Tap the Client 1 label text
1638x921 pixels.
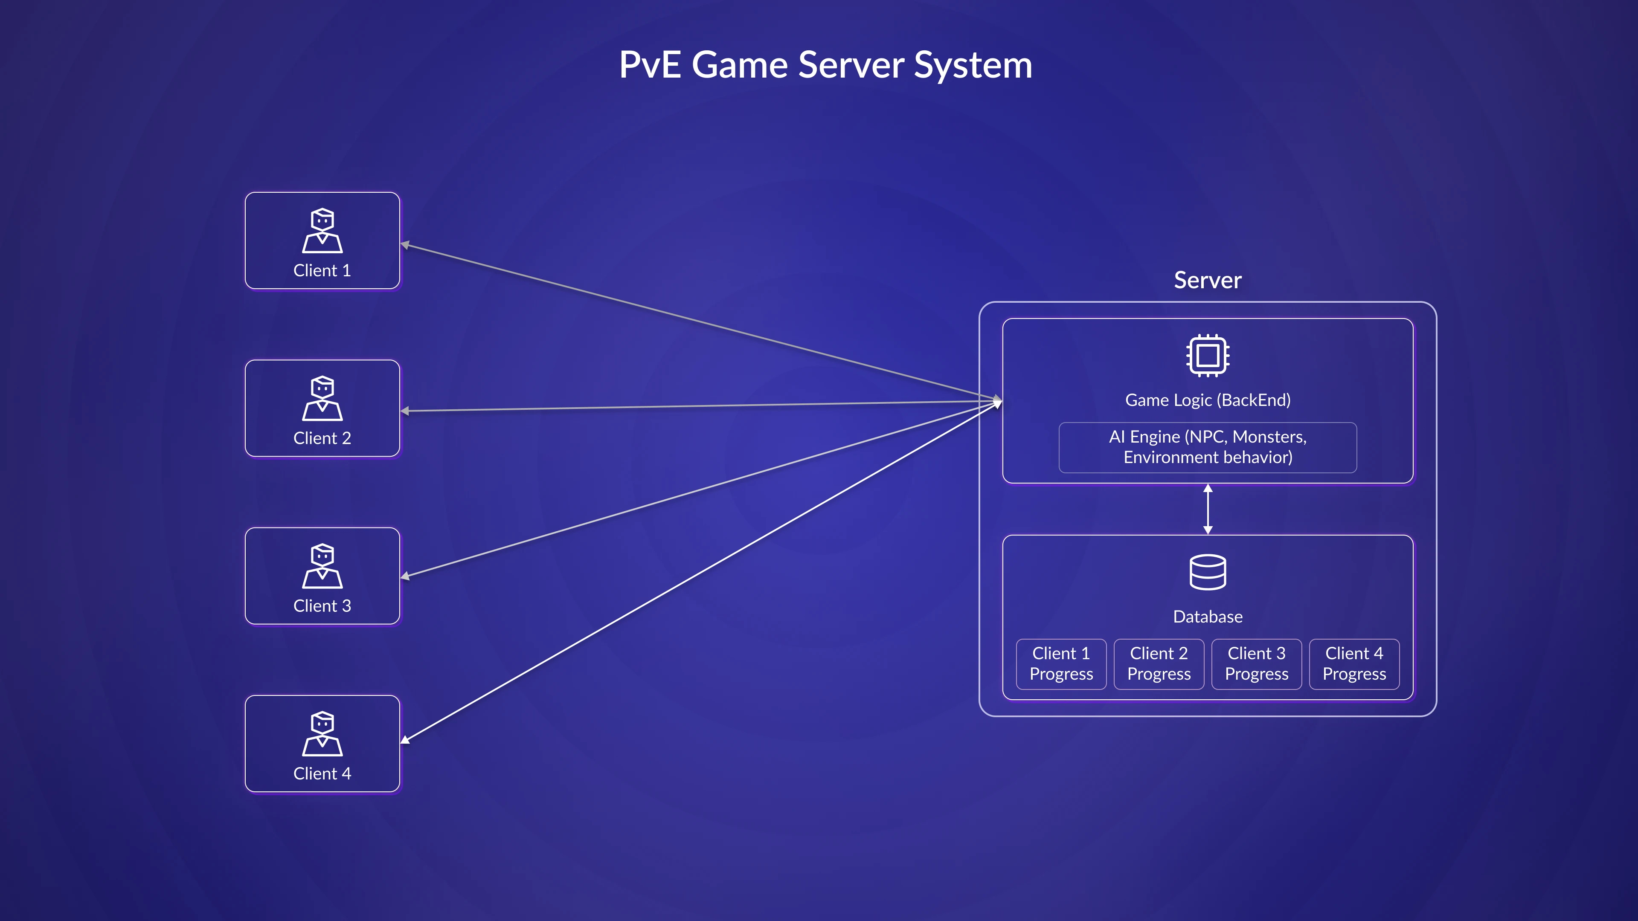click(322, 271)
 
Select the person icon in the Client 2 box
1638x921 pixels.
click(322, 399)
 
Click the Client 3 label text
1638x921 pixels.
click(322, 606)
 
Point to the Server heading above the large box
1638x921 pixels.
click(1207, 280)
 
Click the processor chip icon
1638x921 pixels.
click(1208, 355)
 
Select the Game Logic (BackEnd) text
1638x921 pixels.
click(1208, 400)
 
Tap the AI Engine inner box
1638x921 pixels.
click(1208, 447)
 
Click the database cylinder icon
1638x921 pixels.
click(1208, 572)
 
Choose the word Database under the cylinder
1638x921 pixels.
click(1208, 617)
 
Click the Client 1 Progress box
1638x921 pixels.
click(1060, 663)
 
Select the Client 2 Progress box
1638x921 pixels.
click(1159, 663)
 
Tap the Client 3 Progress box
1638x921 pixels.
click(1257, 663)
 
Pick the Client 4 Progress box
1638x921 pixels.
click(1354, 663)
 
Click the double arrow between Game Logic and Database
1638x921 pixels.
click(1208, 509)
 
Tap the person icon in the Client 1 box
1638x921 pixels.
click(322, 231)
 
